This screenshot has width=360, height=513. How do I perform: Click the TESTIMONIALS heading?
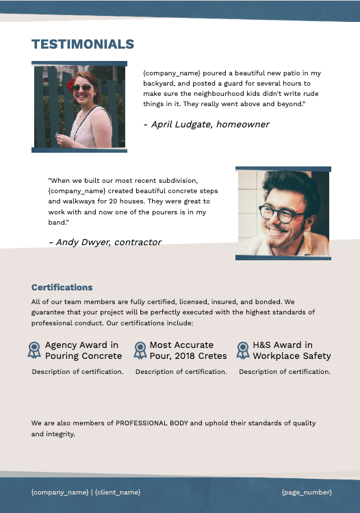click(83, 45)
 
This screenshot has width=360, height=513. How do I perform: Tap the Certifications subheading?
click(62, 288)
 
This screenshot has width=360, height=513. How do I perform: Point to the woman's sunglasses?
click(81, 88)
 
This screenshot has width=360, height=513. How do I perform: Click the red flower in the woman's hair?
click(70, 85)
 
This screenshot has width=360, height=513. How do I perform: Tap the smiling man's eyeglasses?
click(281, 214)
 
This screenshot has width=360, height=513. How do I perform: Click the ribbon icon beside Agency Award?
click(34, 351)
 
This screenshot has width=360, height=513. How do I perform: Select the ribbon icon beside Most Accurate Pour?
click(140, 351)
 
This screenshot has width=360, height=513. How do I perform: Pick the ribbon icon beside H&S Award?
click(243, 351)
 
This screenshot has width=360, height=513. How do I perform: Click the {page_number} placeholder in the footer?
click(307, 492)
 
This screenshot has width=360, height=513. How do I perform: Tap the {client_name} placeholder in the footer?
click(118, 492)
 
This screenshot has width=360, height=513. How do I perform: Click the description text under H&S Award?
click(285, 372)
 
